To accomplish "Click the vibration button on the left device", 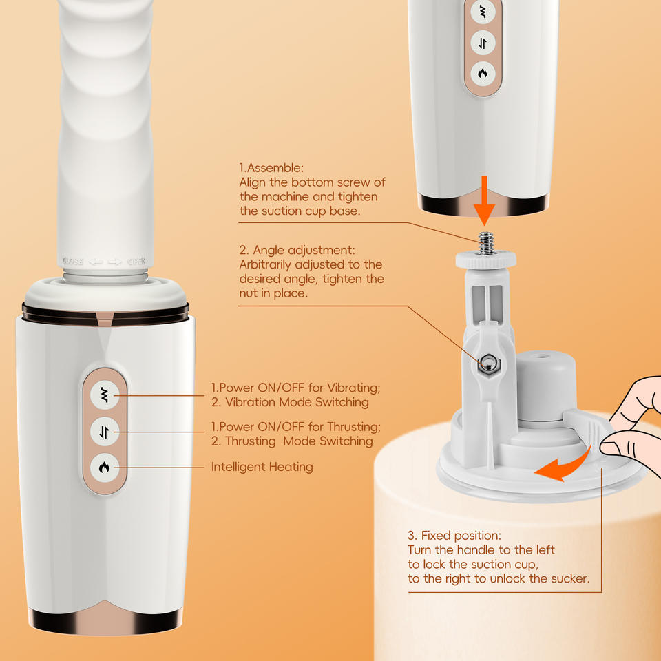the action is point(104,395).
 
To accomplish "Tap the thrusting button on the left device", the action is point(104,432).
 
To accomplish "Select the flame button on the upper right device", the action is point(483,74).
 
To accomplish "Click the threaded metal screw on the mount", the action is point(486,244).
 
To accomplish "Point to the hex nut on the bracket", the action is point(487,364).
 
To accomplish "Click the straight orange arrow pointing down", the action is point(484,200).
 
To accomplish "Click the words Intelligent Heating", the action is point(262,467).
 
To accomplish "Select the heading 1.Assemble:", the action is point(271,168).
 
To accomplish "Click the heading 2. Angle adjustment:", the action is point(297,250).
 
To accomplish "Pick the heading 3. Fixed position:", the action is point(454,536).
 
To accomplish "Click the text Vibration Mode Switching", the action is point(297,402).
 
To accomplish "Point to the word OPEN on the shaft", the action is point(136,262).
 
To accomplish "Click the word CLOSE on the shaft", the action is point(72,262).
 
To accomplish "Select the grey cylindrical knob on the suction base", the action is point(546,386).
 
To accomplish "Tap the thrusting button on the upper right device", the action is point(483,43).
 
